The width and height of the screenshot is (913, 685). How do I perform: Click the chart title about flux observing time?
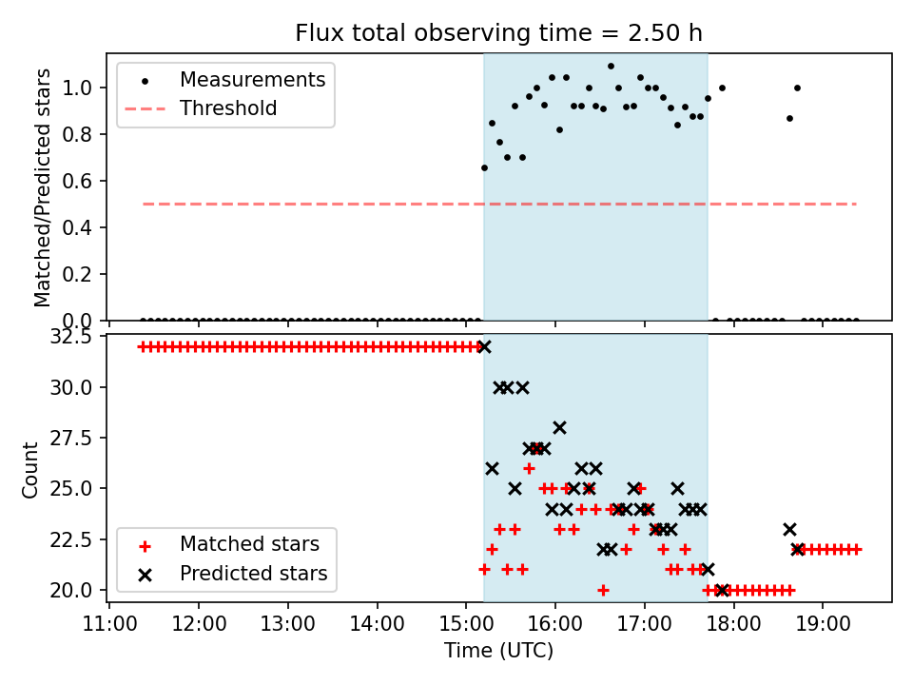tap(498, 33)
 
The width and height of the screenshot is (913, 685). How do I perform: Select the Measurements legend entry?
tap(252, 80)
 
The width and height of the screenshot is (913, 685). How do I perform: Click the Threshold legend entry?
tap(228, 108)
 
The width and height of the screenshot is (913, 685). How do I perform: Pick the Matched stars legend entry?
tap(249, 545)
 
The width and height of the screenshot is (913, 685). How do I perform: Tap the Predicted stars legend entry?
tap(253, 574)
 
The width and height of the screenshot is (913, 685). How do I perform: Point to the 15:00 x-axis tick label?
tap(466, 623)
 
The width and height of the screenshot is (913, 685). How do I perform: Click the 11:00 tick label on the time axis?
tap(109, 623)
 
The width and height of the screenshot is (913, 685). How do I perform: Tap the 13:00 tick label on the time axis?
tap(287, 623)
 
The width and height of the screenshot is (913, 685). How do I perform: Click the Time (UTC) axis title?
tap(498, 651)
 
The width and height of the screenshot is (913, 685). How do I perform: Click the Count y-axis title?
tap(31, 469)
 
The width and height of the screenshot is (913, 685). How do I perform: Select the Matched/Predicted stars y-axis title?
tap(43, 186)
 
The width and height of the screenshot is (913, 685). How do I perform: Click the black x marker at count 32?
tap(484, 346)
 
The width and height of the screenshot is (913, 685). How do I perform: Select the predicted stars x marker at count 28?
tap(559, 427)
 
